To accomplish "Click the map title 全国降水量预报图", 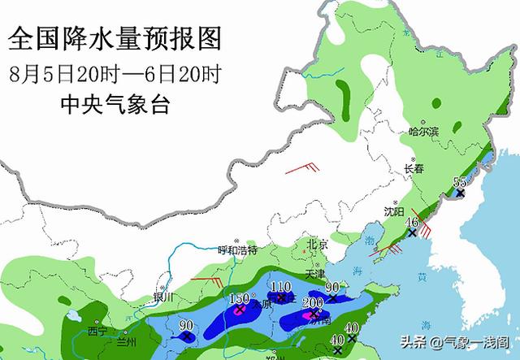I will coord(116,38).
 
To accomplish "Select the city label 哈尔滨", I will coord(424,132).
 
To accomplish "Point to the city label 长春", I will coord(414,169).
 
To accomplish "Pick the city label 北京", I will coord(318,245).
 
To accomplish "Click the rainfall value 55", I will coord(460,181).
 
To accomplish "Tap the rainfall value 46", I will coord(412,222).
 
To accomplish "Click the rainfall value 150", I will coord(240,299).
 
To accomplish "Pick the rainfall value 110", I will coord(280,286).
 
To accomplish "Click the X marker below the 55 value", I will coord(460,193).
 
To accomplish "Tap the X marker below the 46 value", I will coord(412,233).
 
